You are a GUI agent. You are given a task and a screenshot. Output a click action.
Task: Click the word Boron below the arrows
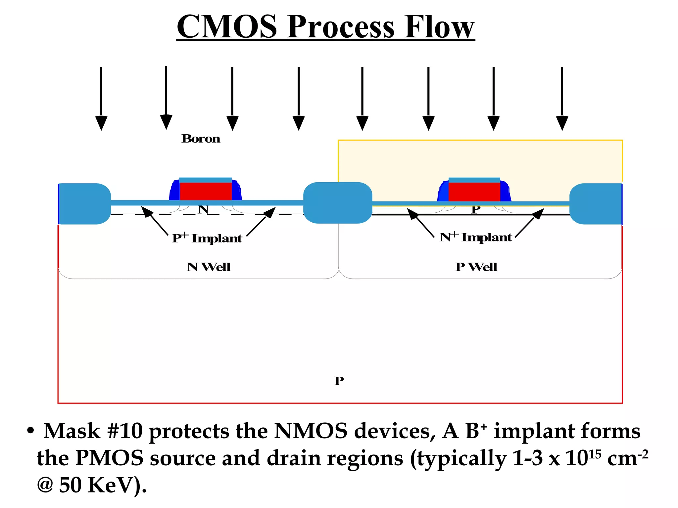(201, 139)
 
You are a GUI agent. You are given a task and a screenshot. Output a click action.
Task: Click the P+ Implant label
(207, 238)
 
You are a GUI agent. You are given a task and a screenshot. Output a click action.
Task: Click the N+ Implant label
(476, 237)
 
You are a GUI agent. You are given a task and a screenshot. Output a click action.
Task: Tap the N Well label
(209, 267)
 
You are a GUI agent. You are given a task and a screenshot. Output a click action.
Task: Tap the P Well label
(476, 267)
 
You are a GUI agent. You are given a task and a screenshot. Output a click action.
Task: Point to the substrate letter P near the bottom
(339, 381)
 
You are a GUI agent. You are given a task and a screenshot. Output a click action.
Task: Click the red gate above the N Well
(206, 191)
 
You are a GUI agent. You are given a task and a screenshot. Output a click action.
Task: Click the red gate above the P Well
(474, 192)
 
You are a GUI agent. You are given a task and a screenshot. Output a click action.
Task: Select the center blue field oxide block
(338, 203)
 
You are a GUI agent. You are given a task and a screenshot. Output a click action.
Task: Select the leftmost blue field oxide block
(84, 204)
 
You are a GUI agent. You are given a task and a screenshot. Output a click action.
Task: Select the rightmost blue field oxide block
(596, 204)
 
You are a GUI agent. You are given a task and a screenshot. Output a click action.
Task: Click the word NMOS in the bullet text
(311, 431)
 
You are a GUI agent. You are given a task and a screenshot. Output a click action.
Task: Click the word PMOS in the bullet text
(110, 458)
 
